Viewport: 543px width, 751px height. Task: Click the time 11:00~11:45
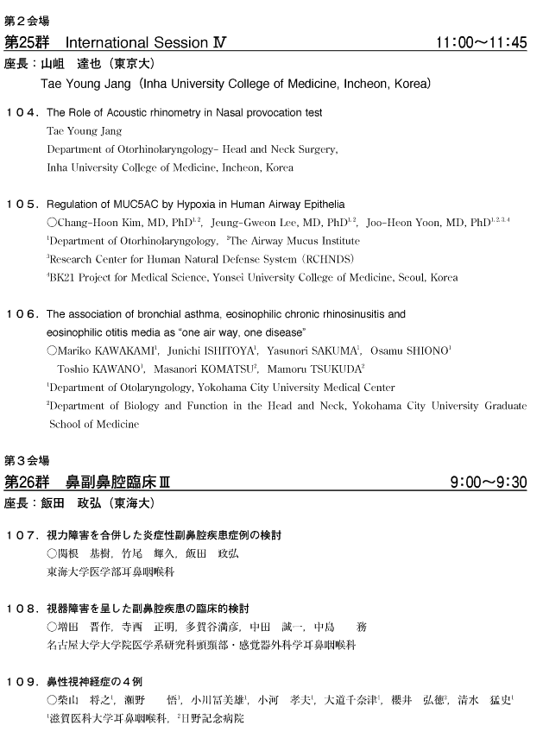click(x=481, y=42)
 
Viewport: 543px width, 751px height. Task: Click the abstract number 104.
click(x=22, y=113)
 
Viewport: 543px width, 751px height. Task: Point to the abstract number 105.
click(x=22, y=205)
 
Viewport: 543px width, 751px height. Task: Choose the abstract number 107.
click(x=22, y=535)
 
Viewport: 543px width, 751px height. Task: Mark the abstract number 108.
click(x=22, y=609)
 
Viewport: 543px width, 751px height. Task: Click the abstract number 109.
click(x=22, y=682)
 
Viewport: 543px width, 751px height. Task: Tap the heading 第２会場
click(x=26, y=19)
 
